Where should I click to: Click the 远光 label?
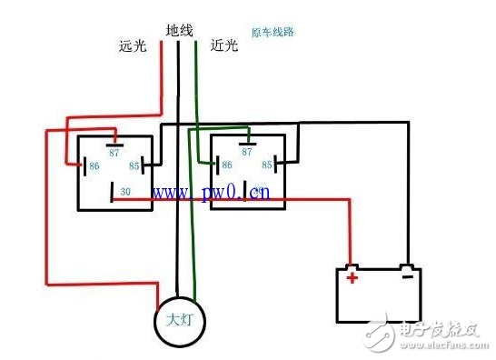(133, 46)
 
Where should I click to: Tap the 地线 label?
(179, 31)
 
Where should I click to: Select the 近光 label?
(224, 45)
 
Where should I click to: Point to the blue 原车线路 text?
(273, 33)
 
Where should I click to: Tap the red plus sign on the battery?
(352, 277)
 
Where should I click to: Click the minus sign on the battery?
(408, 276)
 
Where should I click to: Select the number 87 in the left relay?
(114, 153)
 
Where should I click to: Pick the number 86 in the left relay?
(94, 166)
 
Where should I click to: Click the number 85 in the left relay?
(134, 166)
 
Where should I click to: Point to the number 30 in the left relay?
(125, 192)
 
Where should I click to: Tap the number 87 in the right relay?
(247, 152)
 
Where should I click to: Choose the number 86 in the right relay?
(227, 165)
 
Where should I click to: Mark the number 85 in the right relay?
(267, 165)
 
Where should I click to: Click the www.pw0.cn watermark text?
(211, 192)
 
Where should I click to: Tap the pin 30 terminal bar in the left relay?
(112, 192)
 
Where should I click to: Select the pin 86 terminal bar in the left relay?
(84, 166)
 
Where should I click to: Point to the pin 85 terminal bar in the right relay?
(276, 164)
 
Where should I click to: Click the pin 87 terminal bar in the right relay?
(248, 144)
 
